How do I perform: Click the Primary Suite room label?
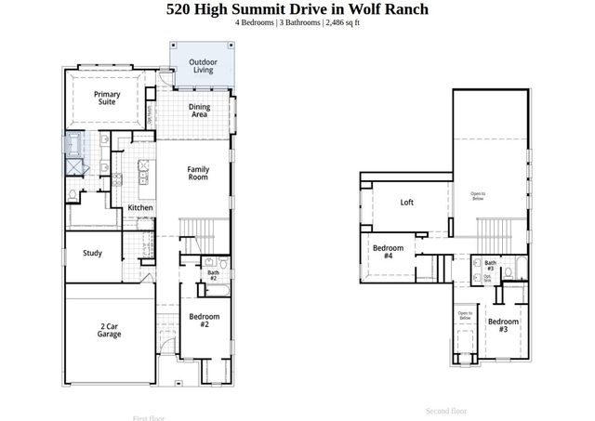click(x=108, y=99)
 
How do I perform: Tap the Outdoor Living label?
click(x=204, y=67)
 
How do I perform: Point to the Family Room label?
click(x=198, y=174)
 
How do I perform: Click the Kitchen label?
click(x=140, y=207)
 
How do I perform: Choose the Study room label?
click(x=92, y=253)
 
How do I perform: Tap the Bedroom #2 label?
click(x=205, y=321)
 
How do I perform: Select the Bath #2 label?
click(x=212, y=275)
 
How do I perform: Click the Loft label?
click(x=406, y=202)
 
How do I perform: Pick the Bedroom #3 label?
click(x=503, y=325)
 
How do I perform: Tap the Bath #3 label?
click(x=490, y=267)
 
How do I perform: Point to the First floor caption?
click(x=152, y=417)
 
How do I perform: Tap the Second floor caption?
click(x=446, y=410)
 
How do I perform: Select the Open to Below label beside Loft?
click(x=477, y=195)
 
